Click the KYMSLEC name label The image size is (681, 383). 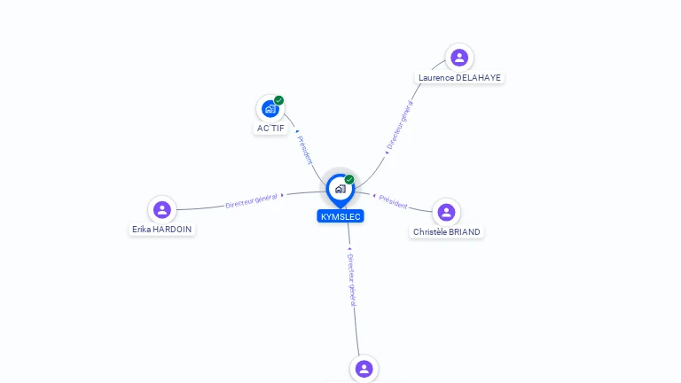(340, 216)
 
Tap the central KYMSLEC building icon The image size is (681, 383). (340, 189)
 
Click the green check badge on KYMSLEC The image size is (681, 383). (349, 179)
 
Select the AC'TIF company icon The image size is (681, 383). (270, 109)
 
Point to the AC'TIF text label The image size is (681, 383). (270, 129)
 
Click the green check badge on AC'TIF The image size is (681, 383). (279, 100)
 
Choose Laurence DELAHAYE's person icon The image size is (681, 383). (459, 58)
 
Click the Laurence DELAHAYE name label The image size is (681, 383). (459, 78)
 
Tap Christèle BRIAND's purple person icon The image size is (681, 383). (446, 212)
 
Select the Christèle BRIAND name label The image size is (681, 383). (447, 232)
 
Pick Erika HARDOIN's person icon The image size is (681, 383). (161, 209)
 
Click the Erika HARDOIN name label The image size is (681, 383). (161, 229)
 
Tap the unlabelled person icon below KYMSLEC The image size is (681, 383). (364, 368)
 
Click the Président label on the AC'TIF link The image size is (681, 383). (305, 148)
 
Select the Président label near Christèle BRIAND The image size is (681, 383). (393, 202)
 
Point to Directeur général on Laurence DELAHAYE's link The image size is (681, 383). (400, 128)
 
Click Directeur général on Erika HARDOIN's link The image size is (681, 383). (252, 200)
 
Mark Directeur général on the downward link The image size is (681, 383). (352, 275)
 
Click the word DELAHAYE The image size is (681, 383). (479, 78)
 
